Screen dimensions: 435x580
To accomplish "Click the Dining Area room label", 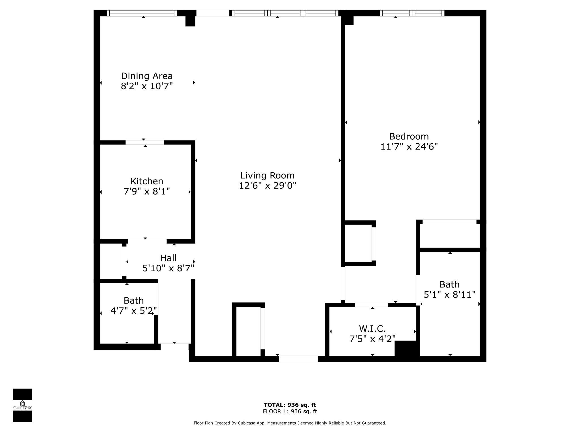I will pyautogui.click(x=147, y=76).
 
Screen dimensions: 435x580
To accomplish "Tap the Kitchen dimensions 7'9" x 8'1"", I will pyautogui.click(x=147, y=191).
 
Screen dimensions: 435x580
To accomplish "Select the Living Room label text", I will pyautogui.click(x=267, y=175).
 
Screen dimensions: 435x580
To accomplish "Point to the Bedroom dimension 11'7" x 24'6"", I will pyautogui.click(x=409, y=146).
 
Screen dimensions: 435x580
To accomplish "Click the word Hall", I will pyautogui.click(x=168, y=258).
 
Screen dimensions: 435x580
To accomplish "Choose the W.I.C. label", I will pyautogui.click(x=372, y=329).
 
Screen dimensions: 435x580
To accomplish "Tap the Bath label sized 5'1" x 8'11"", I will pyautogui.click(x=449, y=284).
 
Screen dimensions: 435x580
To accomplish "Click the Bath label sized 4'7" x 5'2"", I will pyautogui.click(x=134, y=300).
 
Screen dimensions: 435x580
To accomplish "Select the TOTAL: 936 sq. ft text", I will pyautogui.click(x=290, y=405).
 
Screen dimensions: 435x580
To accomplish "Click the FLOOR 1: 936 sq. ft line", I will pyautogui.click(x=290, y=411).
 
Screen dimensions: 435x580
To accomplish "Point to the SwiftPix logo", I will pyautogui.click(x=22, y=405).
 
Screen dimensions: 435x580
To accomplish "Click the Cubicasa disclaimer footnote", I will pyautogui.click(x=290, y=423).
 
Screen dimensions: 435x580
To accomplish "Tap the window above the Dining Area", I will pyautogui.click(x=142, y=13).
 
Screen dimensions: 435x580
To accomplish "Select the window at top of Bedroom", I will pyautogui.click(x=412, y=13).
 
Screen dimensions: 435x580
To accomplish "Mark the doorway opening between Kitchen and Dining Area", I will pyautogui.click(x=145, y=142).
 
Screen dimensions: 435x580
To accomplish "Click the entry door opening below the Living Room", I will pyautogui.click(x=298, y=359).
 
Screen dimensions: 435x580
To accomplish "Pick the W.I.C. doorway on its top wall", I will pyautogui.click(x=371, y=305).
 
